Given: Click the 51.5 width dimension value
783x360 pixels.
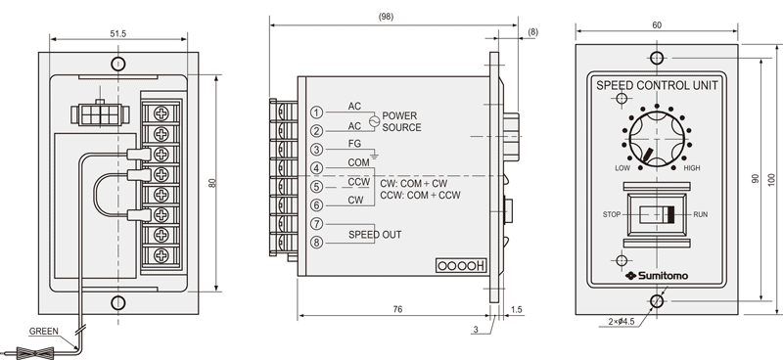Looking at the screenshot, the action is pos(118,34).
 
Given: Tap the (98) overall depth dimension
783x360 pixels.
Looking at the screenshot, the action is pos(386,17).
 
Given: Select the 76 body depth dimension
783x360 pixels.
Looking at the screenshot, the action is pos(397,309).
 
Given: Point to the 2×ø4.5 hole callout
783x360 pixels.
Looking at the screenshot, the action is pos(622,322).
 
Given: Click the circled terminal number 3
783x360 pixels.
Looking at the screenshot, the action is pos(316,150).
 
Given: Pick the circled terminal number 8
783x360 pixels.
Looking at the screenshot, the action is pos(316,243).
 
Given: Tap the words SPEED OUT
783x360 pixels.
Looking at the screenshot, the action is pos(375,234).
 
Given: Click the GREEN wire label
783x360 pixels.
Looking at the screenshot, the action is pos(43,331).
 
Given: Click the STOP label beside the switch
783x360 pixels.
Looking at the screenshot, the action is pos(612,214).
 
